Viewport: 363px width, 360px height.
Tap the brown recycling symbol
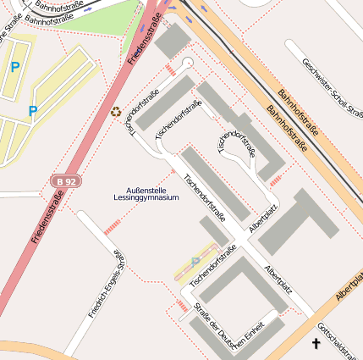tap(116, 111)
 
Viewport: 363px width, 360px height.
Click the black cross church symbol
tap(317, 343)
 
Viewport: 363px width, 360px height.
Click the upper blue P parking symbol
tap(15, 66)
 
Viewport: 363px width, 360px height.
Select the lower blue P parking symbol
tap(32, 111)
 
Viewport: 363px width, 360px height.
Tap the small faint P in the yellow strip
tap(196, 262)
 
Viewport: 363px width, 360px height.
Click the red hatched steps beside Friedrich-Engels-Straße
tap(112, 226)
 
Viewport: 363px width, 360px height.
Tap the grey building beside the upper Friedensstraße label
tap(173, 40)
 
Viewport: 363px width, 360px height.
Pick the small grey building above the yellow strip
tap(213, 230)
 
